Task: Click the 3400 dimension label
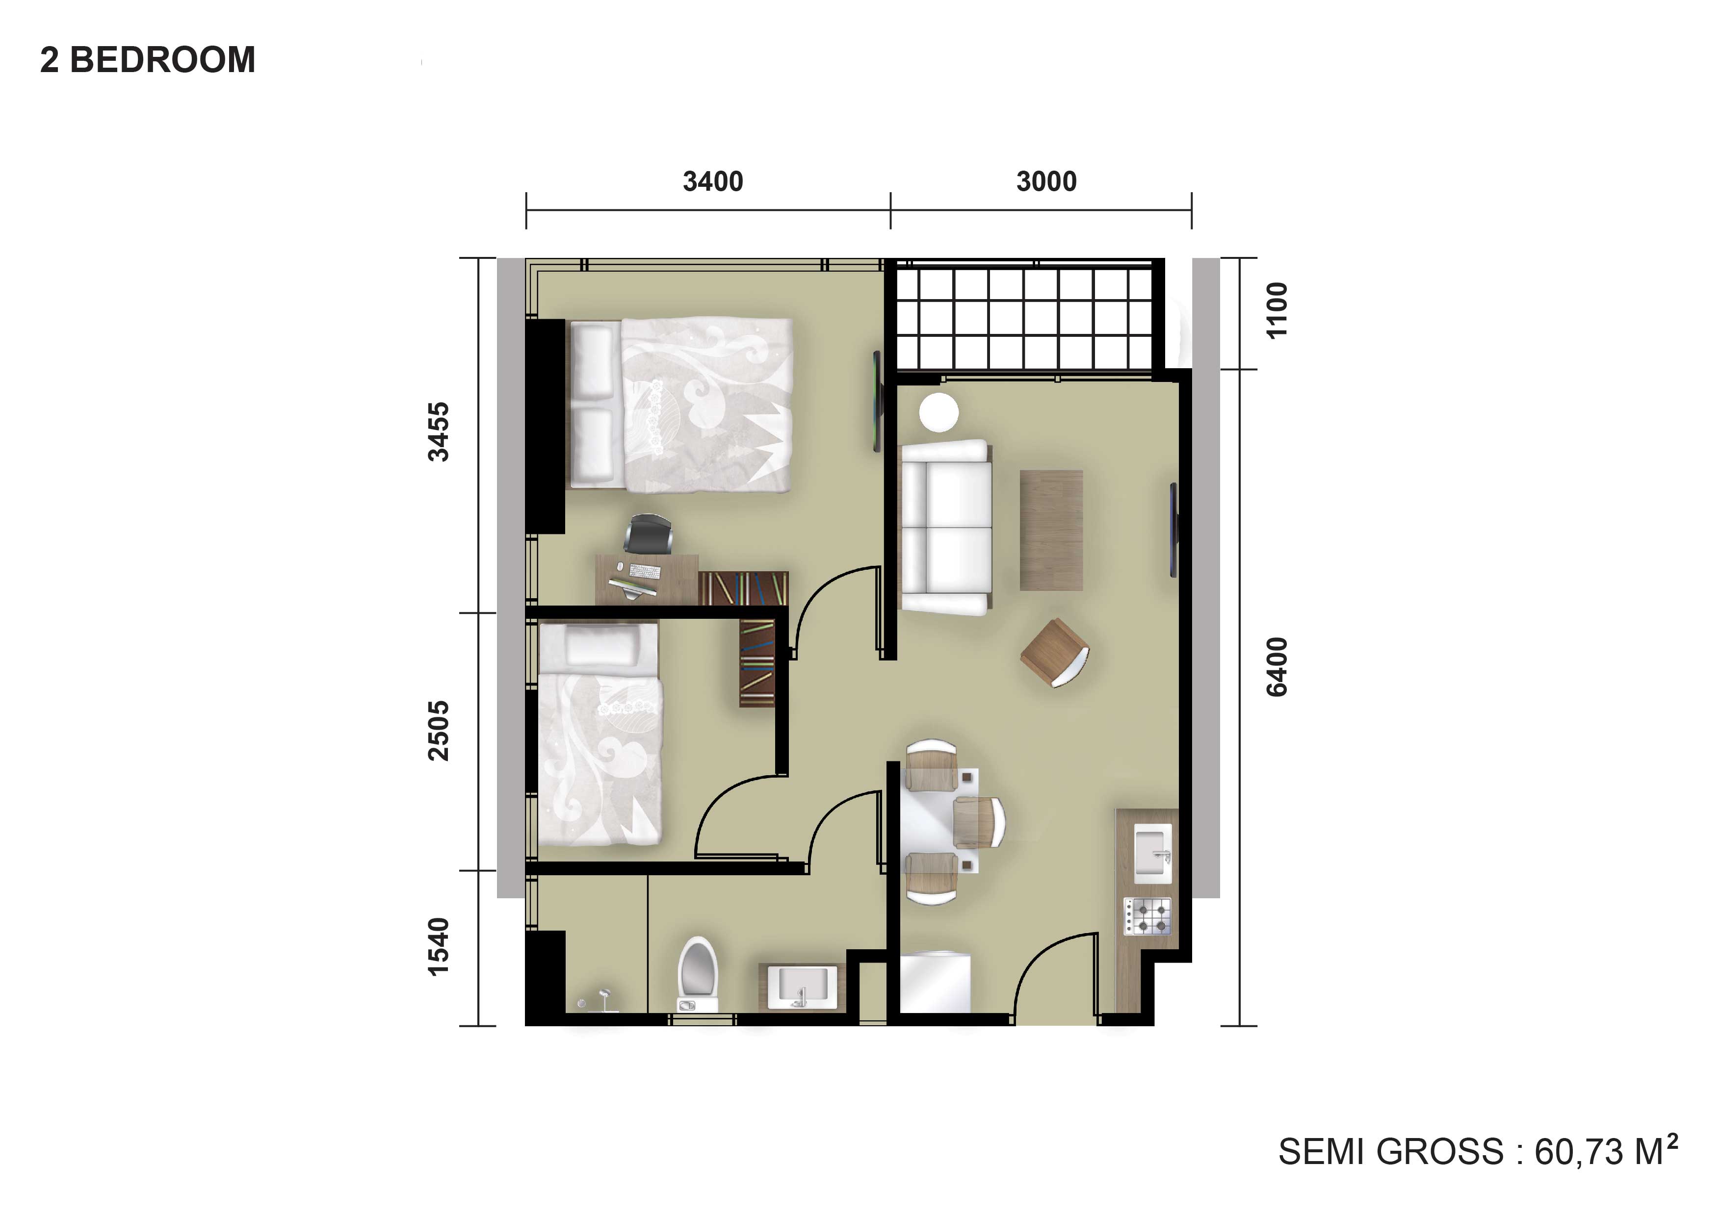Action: tap(713, 181)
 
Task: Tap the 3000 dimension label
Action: tap(1046, 181)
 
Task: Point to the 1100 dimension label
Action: tap(1277, 310)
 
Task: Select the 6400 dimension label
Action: tap(1277, 667)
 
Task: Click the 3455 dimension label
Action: tap(439, 432)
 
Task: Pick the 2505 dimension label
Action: tap(439, 731)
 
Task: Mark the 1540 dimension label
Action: tap(439, 947)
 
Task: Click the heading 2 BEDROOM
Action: tap(148, 60)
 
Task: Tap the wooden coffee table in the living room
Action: tap(1051, 530)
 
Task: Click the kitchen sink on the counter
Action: tap(1153, 853)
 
